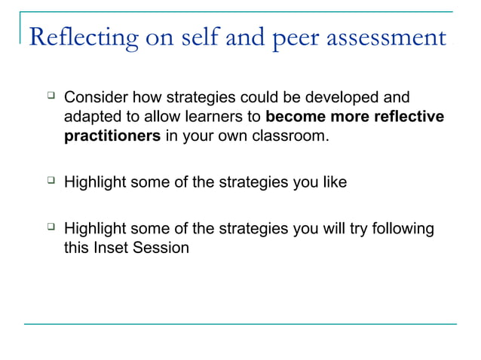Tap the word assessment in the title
point(388,38)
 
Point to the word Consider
point(96,98)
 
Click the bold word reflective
point(410,118)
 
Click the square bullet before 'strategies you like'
point(51,181)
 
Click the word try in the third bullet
point(344,227)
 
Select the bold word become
point(293,118)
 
